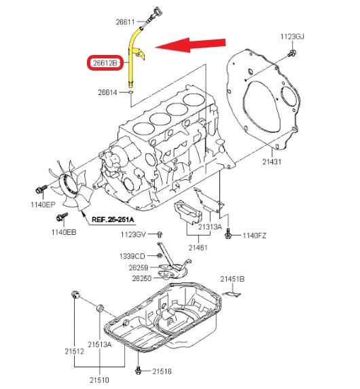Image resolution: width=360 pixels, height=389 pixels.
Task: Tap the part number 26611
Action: point(125,22)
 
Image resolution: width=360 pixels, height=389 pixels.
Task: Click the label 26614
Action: point(109,92)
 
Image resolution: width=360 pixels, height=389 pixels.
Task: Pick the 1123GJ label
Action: point(294,35)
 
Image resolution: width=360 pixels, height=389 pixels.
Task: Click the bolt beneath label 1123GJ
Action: point(290,52)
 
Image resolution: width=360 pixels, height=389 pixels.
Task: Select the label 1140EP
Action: point(41,204)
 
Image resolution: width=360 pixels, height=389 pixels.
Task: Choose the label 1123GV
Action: point(133,234)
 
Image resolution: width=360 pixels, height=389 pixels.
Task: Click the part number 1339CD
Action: point(133,256)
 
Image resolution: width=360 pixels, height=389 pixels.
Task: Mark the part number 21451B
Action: point(232,278)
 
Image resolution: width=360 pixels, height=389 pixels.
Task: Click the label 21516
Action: point(162,371)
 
